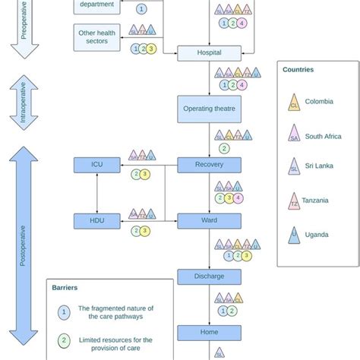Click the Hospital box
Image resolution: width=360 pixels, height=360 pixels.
tap(209, 53)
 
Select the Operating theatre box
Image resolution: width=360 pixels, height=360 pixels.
tap(209, 109)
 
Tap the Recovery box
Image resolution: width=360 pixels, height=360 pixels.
tap(209, 165)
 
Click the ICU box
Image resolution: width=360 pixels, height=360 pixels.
tap(96, 165)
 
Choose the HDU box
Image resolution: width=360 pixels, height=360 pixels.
tap(96, 221)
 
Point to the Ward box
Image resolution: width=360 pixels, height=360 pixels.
tap(209, 221)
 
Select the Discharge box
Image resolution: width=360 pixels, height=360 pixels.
tap(209, 276)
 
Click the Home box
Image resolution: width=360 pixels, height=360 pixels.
tap(209, 332)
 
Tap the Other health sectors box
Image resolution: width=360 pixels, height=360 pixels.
tap(96, 36)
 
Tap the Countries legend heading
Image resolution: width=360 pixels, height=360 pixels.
tap(298, 69)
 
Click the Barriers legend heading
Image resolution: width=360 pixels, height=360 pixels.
tap(65, 288)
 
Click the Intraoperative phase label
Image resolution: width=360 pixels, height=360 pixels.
tap(23, 103)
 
